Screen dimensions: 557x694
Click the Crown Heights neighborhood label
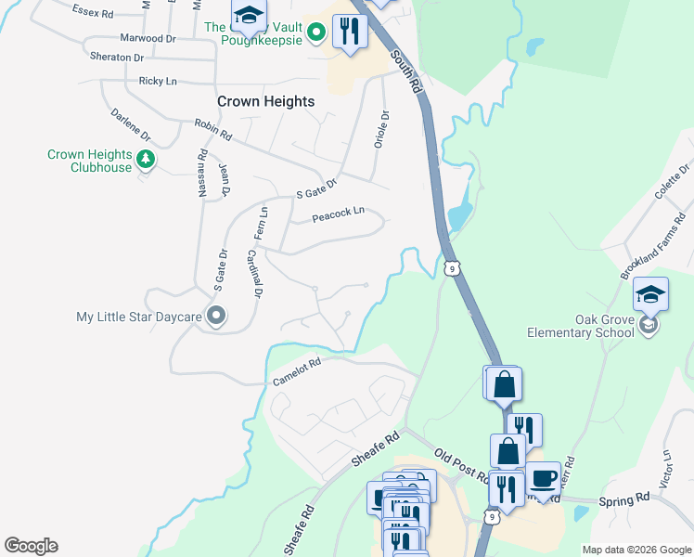265,101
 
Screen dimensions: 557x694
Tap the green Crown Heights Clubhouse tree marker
145,160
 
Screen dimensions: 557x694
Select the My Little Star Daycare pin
216,317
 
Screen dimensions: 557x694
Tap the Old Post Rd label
461,467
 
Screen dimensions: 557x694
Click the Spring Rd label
623,499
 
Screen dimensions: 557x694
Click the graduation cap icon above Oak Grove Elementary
650,295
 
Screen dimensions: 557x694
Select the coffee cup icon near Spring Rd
544,479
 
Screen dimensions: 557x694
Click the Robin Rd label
212,129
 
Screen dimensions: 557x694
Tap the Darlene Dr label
130,126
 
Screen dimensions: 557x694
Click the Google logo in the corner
31,546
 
